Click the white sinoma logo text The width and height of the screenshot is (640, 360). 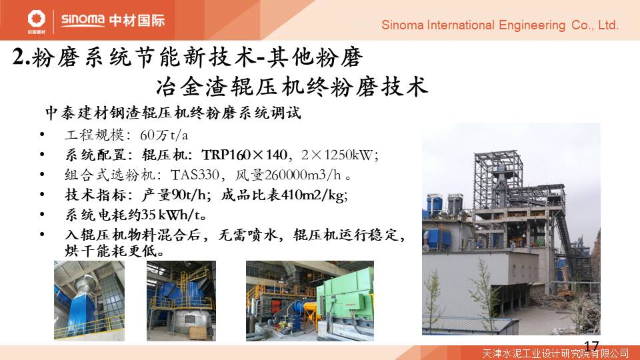pyautogui.click(x=83, y=19)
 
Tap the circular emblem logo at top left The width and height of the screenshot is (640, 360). pyautogui.click(x=36, y=19)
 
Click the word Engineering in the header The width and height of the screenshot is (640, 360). pyautogui.click(x=532, y=26)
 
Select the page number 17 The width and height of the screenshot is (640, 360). pyautogui.click(x=591, y=347)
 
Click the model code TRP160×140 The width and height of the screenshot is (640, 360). pyautogui.click(x=244, y=155)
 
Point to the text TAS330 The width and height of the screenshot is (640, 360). pyautogui.click(x=195, y=175)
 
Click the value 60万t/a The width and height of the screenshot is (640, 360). pyautogui.click(x=164, y=135)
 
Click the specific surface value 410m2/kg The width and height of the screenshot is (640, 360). pyautogui.click(x=313, y=195)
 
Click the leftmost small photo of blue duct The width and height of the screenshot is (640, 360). pyautogui.click(x=89, y=301)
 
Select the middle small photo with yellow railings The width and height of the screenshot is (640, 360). pyautogui.click(x=181, y=301)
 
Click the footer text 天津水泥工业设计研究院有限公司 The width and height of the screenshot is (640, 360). pyautogui.click(x=555, y=353)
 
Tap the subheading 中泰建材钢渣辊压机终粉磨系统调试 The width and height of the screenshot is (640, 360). pyautogui.click(x=173, y=113)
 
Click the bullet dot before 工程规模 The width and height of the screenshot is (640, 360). pyautogui.click(x=42, y=135)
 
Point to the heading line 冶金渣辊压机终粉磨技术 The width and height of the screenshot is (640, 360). pyautogui.click(x=292, y=87)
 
